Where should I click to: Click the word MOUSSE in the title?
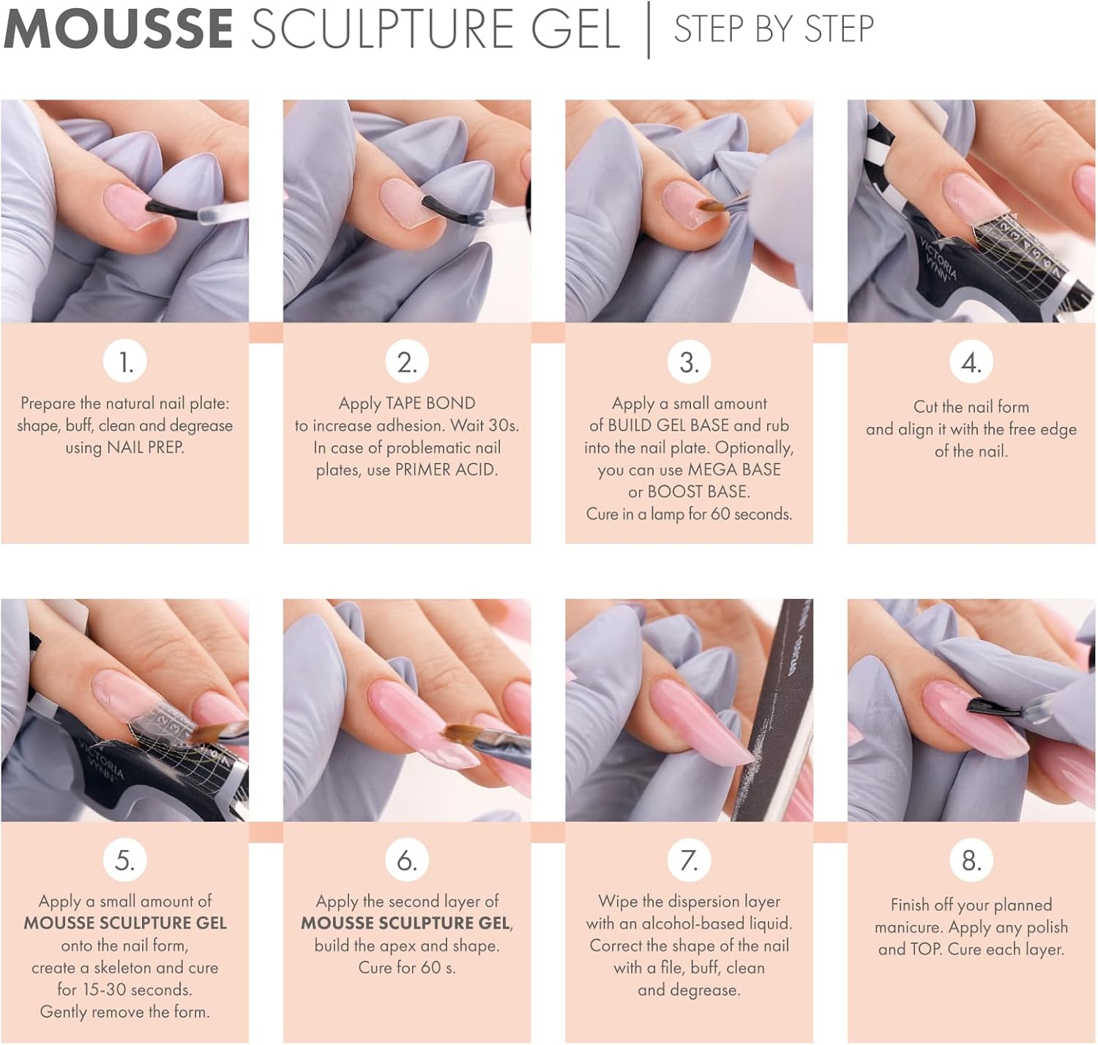point(119,29)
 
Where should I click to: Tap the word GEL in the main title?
point(575,29)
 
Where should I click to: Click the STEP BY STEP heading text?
point(774,29)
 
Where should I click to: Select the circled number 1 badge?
point(125,362)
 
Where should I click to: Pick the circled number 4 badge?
point(971,362)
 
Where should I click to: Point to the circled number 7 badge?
point(690,860)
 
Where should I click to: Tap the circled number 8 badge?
point(971,860)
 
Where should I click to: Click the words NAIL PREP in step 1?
point(145,447)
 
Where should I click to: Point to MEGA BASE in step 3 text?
point(734,469)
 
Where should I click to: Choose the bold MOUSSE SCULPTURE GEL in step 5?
point(125,923)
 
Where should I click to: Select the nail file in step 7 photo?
point(772,710)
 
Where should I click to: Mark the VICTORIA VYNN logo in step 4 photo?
point(938,258)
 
